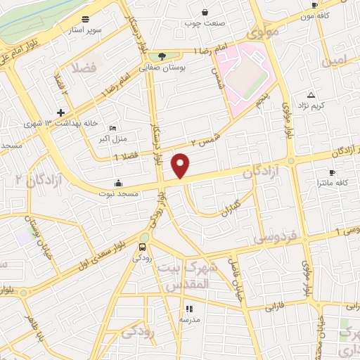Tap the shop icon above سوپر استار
(85, 19)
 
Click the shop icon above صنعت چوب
(205, 12)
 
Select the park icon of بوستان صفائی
(162, 56)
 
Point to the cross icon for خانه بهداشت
(61, 112)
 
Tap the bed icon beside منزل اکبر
(113, 128)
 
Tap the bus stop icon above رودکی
(143, 247)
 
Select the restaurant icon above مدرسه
(188, 309)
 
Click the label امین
(335, 62)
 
